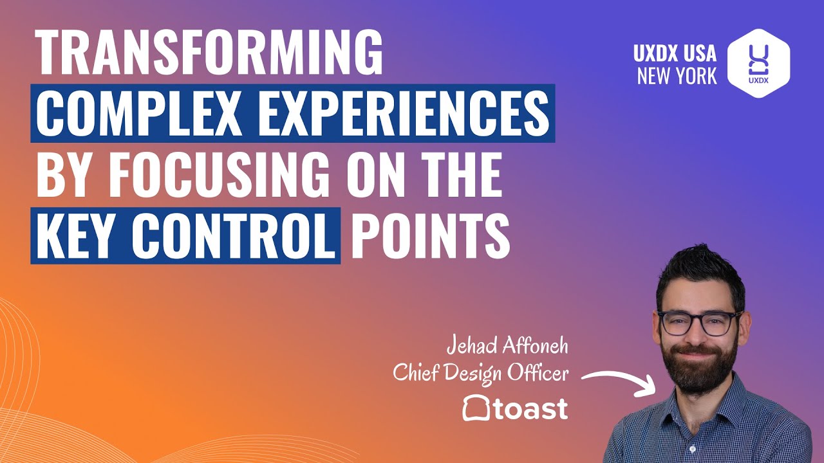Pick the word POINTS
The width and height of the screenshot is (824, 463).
tap(430, 237)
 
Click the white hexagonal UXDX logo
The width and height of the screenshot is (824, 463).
tap(758, 62)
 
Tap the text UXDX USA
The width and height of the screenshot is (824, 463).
tap(675, 53)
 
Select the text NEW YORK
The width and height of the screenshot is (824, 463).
tap(677, 77)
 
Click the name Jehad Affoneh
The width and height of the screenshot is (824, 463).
tap(508, 347)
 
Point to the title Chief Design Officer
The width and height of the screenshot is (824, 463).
tap(481, 374)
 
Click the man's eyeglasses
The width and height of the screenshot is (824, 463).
tap(698, 322)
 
